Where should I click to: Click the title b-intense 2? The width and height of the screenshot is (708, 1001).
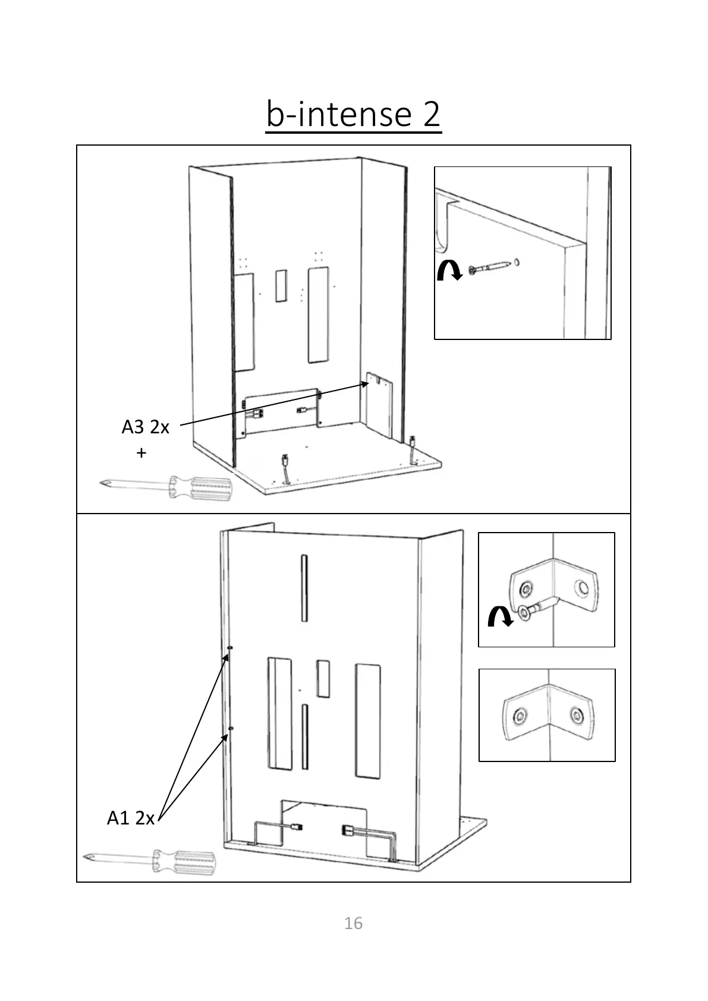(353, 114)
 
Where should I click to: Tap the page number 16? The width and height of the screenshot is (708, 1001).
(353, 923)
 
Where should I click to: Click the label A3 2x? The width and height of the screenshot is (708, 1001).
(145, 427)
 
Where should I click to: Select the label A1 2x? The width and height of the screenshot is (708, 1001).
(130, 818)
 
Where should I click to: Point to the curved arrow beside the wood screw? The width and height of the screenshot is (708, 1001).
(449, 271)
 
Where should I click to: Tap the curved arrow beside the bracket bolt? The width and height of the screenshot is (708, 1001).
(499, 616)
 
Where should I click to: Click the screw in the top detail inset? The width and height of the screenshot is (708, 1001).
(490, 267)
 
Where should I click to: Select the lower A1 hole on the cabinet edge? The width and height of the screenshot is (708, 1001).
(231, 728)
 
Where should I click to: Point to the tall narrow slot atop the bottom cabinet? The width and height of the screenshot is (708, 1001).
(304, 588)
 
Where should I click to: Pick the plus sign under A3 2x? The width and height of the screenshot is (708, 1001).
(141, 453)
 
